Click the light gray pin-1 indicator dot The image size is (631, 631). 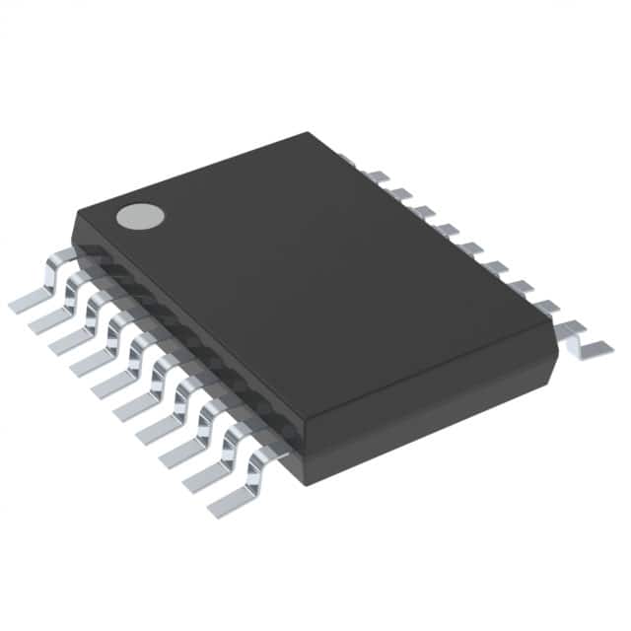pyautogui.click(x=138, y=215)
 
